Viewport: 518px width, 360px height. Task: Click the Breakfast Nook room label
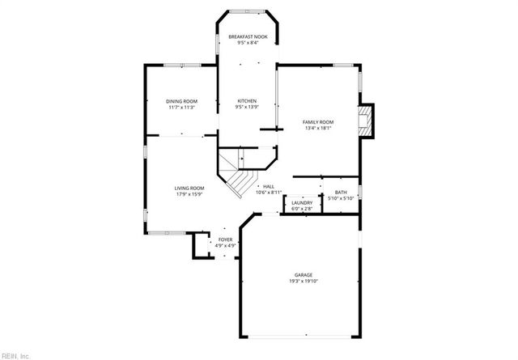[247, 37]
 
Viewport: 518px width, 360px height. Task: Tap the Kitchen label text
[247, 101]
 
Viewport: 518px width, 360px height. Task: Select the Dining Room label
[182, 101]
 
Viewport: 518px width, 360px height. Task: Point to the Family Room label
[318, 122]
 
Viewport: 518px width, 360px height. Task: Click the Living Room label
[189, 188]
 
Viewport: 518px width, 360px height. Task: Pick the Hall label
[268, 187]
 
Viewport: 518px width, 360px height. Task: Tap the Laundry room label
[302, 203]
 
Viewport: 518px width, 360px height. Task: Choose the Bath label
[341, 193]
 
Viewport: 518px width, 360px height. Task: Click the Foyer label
[225, 239]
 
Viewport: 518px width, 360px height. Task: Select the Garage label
[304, 275]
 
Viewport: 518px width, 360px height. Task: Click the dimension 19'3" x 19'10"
[304, 281]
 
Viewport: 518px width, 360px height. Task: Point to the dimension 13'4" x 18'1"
[318, 128]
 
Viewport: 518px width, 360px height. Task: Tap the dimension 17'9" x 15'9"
[189, 194]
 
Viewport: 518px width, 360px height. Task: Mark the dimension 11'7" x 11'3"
[182, 107]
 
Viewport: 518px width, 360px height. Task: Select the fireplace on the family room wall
[369, 121]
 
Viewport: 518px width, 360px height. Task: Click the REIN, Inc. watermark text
[15, 354]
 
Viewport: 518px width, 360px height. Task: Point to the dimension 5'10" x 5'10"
[341, 198]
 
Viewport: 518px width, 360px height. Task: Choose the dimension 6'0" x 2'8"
[302, 209]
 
